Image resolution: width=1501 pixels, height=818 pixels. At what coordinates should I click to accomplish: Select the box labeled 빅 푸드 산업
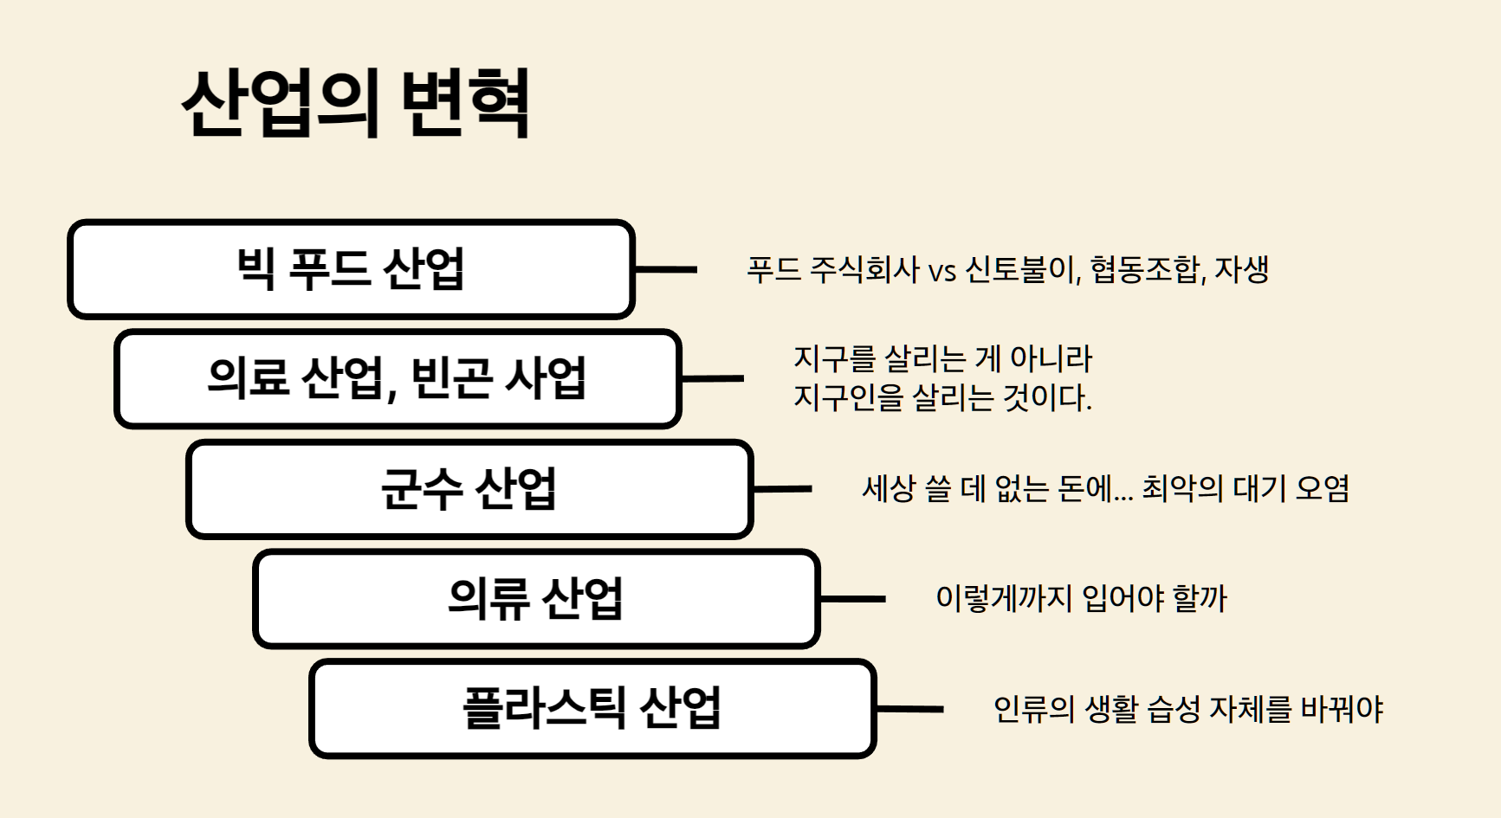(x=351, y=269)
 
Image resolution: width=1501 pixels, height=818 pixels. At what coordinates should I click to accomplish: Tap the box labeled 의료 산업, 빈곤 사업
(x=398, y=378)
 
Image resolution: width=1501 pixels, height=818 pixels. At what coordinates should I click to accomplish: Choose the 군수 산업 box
(x=469, y=489)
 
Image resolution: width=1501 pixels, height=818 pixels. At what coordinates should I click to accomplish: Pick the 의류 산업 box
(x=535, y=598)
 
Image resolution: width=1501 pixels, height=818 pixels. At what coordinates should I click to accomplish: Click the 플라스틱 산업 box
(x=592, y=708)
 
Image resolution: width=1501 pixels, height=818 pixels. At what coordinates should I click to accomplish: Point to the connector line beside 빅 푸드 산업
(x=666, y=269)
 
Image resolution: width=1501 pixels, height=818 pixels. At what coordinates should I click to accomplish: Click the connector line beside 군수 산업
(x=782, y=489)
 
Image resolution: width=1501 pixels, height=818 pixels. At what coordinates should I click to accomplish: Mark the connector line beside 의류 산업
(x=852, y=598)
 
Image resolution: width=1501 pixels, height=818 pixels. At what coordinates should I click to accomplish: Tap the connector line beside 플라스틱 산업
(x=909, y=709)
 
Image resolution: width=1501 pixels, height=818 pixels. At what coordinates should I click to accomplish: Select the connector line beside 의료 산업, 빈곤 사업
(x=713, y=378)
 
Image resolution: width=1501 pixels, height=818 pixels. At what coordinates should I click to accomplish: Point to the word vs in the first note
(x=941, y=271)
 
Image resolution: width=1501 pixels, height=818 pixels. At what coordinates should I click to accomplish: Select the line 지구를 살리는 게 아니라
(x=942, y=358)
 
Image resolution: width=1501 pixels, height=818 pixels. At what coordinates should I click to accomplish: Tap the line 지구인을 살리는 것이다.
(x=942, y=397)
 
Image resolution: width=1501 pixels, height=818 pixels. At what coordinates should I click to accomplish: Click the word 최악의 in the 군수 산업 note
(x=1181, y=489)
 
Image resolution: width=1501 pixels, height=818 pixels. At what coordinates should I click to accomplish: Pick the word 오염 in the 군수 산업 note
(x=1323, y=489)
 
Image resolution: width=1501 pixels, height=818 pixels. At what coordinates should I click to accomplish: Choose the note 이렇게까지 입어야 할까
(x=1081, y=598)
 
